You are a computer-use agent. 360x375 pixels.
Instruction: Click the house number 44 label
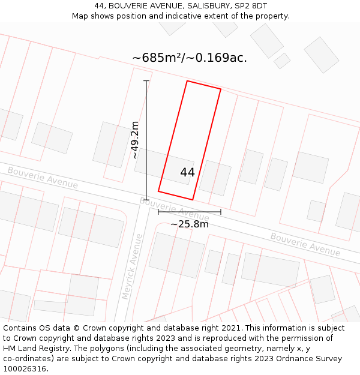coord(187,172)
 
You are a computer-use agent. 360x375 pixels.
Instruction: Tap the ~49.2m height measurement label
coord(135,140)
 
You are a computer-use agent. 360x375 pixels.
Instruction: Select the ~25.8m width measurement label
coord(190,224)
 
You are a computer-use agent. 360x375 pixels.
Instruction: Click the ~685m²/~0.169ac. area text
coord(190,58)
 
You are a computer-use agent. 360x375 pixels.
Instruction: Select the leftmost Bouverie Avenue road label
coord(43,178)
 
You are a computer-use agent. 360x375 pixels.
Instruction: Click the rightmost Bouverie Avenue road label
coord(305,244)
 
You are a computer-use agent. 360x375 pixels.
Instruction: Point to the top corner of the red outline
coord(187,81)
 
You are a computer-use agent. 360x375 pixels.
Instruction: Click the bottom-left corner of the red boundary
coord(158,191)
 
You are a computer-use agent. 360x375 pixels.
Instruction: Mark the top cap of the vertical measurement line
coord(146,81)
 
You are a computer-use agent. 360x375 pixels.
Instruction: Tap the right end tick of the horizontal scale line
coord(221,212)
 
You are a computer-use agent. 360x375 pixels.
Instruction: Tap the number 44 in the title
coord(100,6)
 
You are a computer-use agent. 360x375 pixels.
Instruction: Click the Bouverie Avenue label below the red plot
coord(174,208)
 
